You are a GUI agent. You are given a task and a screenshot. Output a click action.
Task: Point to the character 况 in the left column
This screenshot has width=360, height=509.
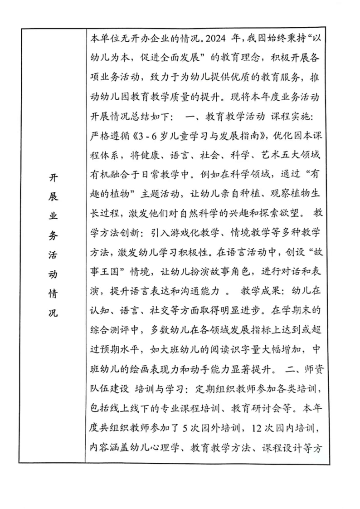[53, 313]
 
